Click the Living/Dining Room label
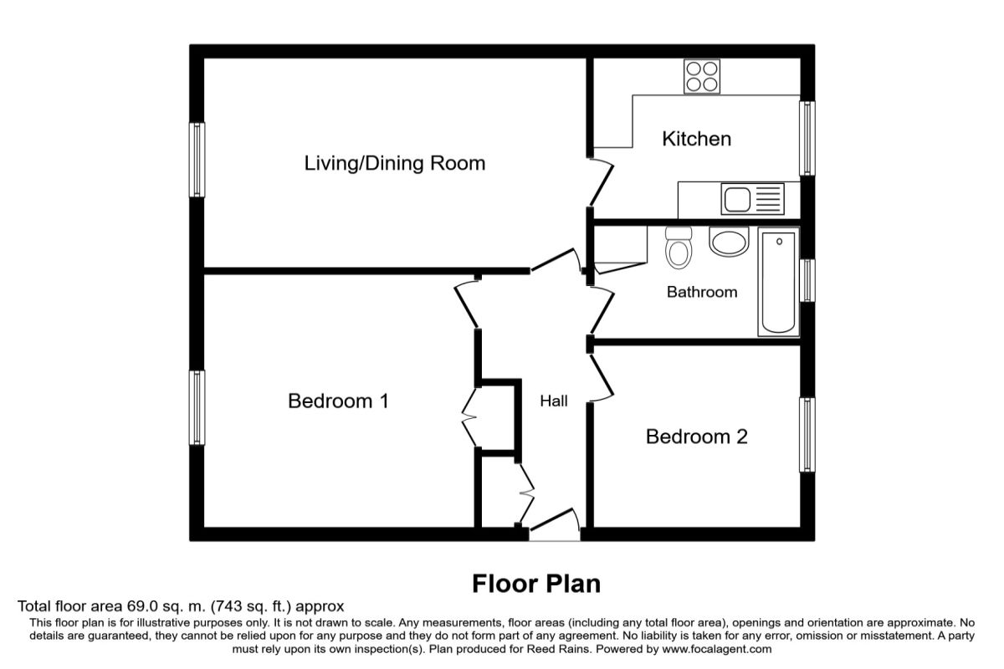pos(394,164)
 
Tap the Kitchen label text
pos(696,139)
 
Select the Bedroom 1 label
pos(338,401)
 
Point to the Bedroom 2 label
pos(696,437)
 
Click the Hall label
pos(554,401)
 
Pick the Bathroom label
pos(702,292)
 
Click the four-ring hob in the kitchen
pos(702,77)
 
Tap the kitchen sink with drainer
pos(752,198)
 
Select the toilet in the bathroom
pos(679,248)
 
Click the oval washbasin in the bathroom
pos(730,242)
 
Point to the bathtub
pos(779,282)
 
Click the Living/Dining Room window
pos(197,160)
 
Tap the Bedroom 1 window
pos(197,407)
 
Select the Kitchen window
pos(807,139)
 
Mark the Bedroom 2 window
pos(807,435)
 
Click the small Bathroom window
pos(807,280)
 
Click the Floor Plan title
pos(536,584)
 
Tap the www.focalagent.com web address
pos(717,649)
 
